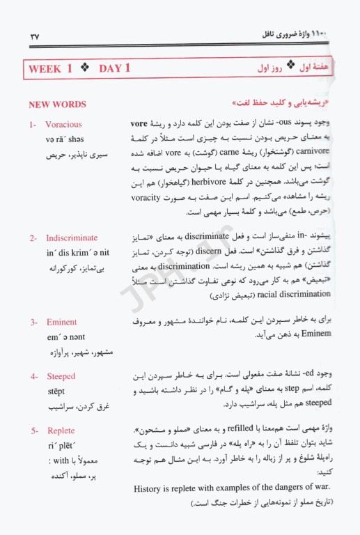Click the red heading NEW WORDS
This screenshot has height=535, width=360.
(x=57, y=104)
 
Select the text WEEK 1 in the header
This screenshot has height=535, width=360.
(x=50, y=68)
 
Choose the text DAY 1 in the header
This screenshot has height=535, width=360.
(x=115, y=68)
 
